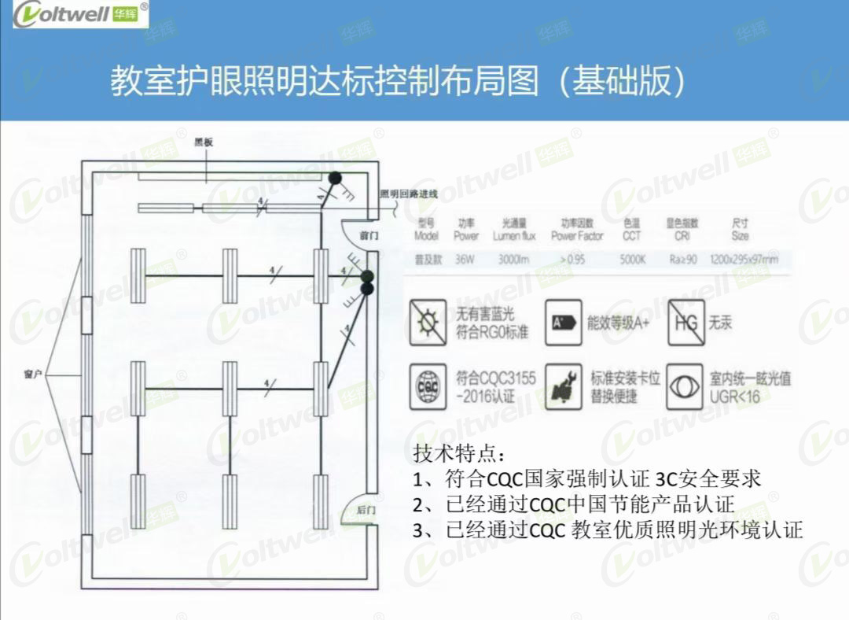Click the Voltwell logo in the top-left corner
coord(75,14)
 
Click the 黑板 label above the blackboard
coord(204,142)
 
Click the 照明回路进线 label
coord(407,194)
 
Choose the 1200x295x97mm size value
coord(744,259)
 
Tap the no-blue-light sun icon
coord(428,322)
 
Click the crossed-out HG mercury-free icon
coord(685,322)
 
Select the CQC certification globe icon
coord(428,386)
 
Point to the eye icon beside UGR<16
coord(685,386)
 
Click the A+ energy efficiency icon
coord(563,322)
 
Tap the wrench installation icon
coord(563,386)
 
